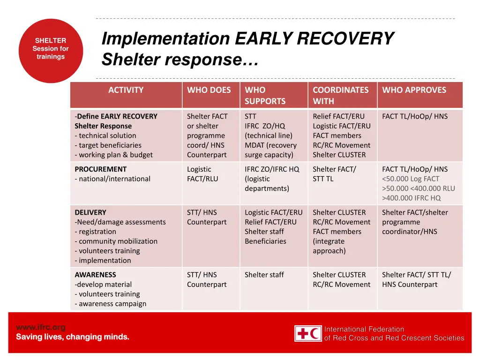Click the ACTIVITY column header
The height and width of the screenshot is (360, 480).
click(126, 90)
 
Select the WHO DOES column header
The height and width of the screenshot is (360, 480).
click(209, 90)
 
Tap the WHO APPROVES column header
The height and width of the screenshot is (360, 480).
click(414, 90)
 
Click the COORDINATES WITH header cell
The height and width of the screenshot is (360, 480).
click(341, 95)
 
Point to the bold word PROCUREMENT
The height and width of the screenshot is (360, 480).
click(100, 169)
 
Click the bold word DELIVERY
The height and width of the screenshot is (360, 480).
click(90, 212)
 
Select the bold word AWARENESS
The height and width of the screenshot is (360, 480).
click(95, 275)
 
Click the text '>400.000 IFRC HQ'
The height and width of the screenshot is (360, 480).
click(411, 198)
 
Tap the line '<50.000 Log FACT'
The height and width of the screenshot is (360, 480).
click(411, 179)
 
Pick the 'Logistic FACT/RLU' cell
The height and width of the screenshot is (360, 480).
click(202, 174)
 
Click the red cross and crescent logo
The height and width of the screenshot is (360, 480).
click(308, 333)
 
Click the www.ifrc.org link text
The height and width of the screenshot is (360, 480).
click(41, 327)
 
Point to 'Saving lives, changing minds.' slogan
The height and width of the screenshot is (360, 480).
click(73, 337)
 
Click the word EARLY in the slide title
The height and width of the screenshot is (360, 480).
click(263, 38)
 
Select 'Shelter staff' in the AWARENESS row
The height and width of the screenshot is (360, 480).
click(264, 275)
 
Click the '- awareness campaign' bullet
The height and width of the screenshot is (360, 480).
click(111, 304)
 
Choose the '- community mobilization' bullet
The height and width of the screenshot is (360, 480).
click(116, 241)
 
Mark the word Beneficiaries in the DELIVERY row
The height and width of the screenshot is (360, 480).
click(265, 241)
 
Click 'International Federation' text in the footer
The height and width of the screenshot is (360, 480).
click(364, 329)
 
